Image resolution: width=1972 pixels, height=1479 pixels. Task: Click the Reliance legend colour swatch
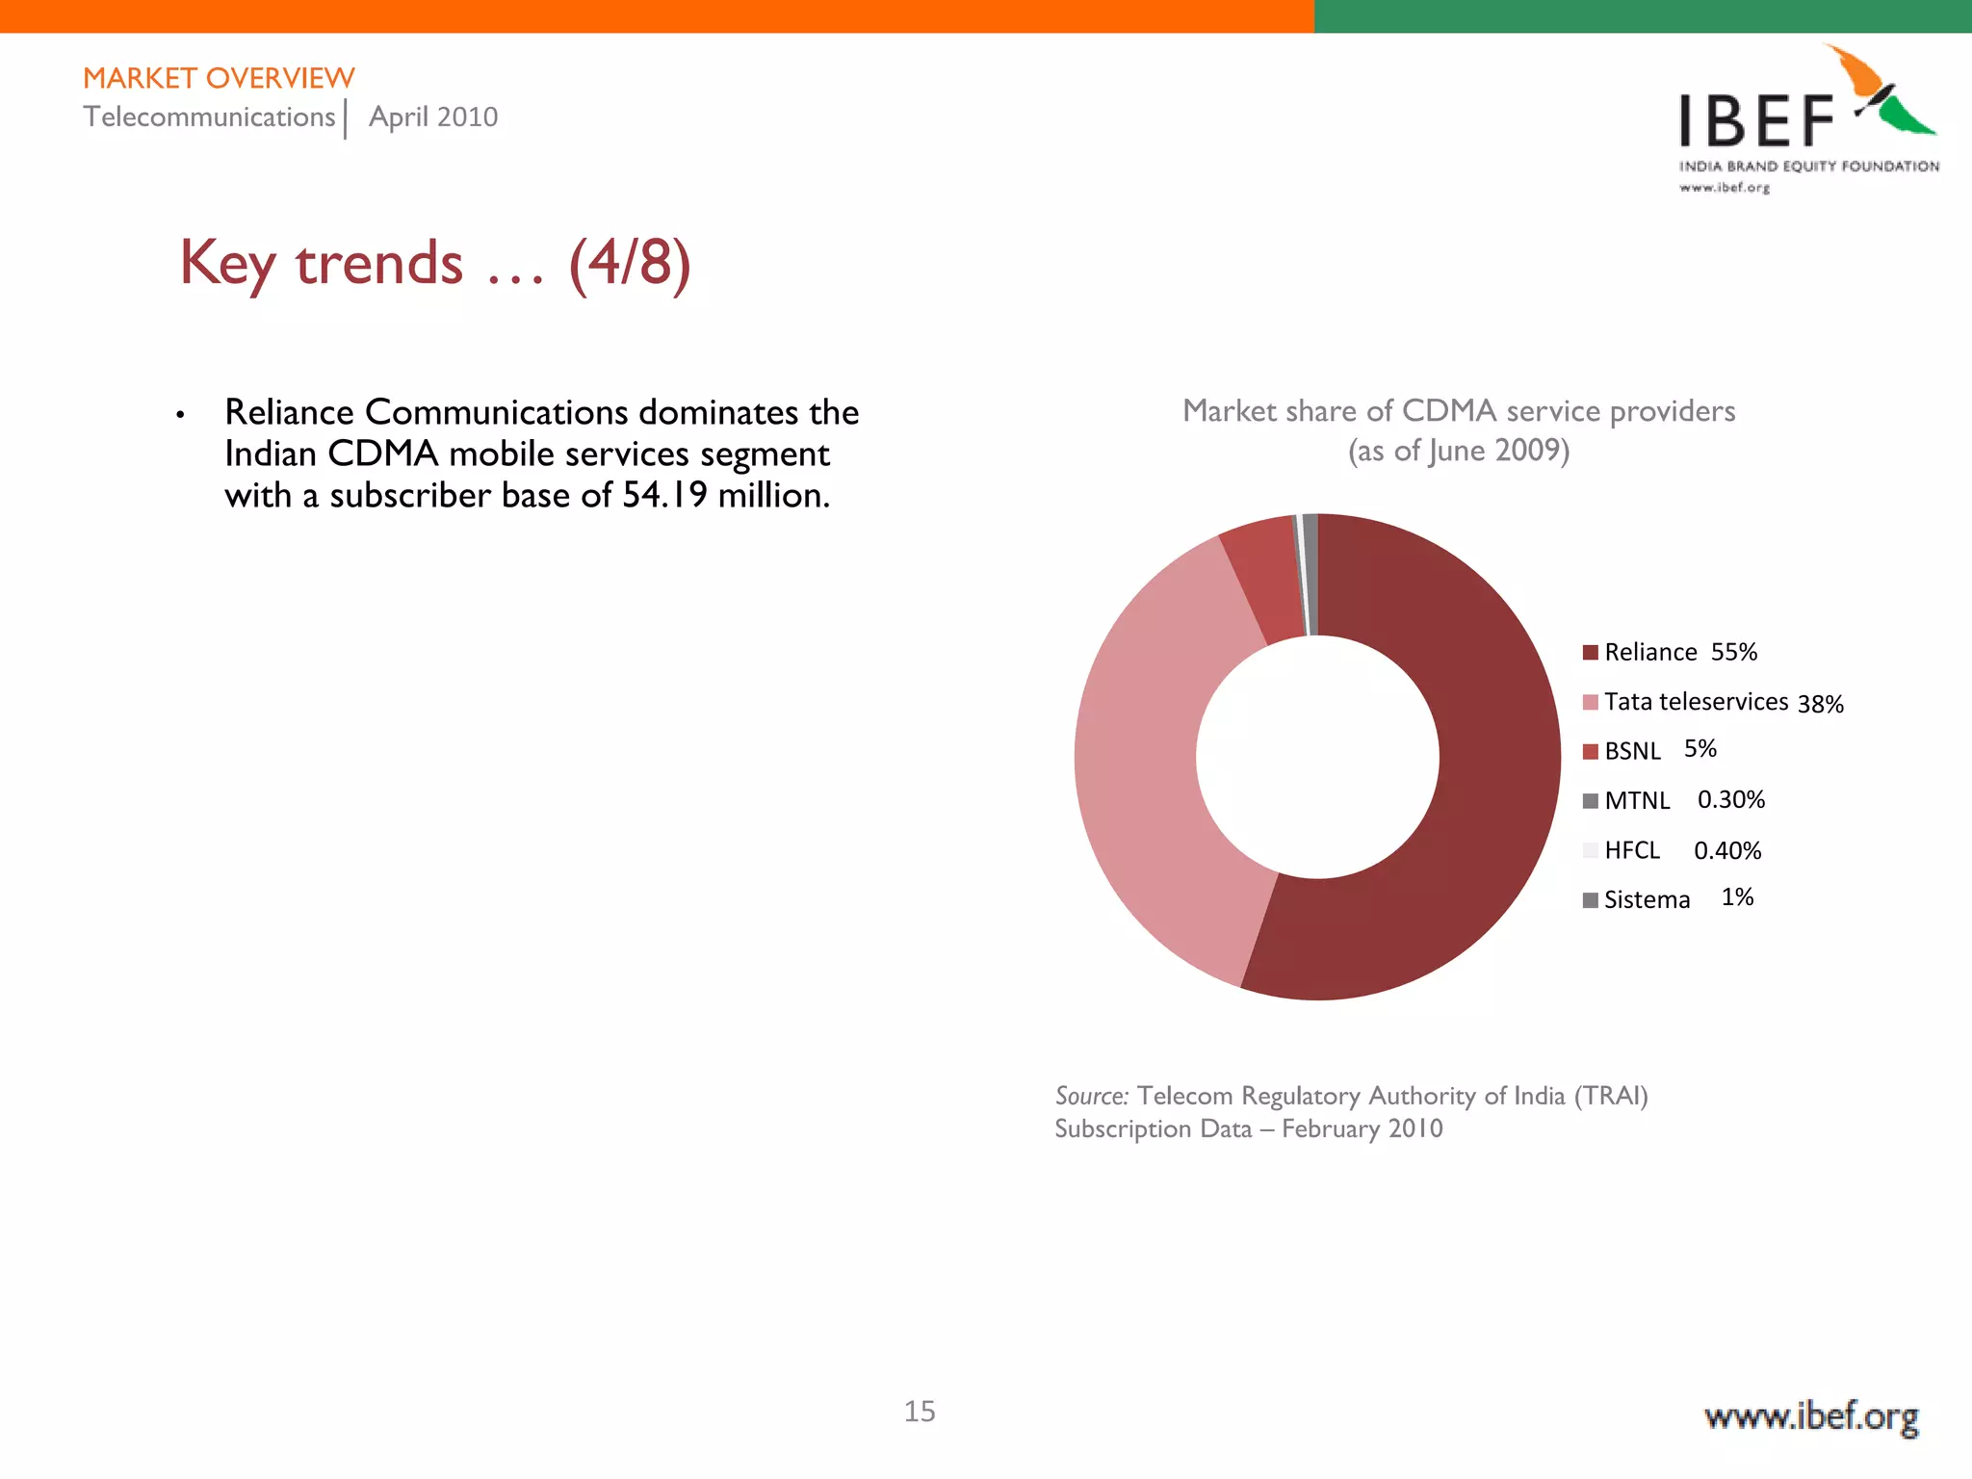pyautogui.click(x=1590, y=653)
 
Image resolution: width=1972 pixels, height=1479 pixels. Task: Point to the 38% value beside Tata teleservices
pyautogui.click(x=1820, y=704)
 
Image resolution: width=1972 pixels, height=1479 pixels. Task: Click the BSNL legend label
pyautogui.click(x=1632, y=751)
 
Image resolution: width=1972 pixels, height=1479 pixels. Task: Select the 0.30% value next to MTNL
pyautogui.click(x=1730, y=800)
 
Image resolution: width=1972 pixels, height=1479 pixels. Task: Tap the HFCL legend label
pyautogui.click(x=1632, y=850)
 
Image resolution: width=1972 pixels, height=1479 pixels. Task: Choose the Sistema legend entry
pyautogui.click(x=1647, y=900)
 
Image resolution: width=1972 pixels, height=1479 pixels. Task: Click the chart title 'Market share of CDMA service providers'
pyautogui.click(x=1458, y=411)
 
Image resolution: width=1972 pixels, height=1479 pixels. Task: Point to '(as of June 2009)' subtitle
pyautogui.click(x=1458, y=451)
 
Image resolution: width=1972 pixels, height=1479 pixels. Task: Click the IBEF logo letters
pyautogui.click(x=1756, y=123)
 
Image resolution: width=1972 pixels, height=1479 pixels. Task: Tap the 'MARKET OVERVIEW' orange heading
pyautogui.click(x=219, y=78)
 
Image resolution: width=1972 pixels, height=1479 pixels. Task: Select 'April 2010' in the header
pyautogui.click(x=433, y=117)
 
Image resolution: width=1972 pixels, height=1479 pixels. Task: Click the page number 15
pyautogui.click(x=919, y=1412)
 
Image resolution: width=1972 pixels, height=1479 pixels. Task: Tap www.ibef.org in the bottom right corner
pyautogui.click(x=1810, y=1417)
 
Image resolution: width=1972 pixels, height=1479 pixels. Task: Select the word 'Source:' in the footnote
pyautogui.click(x=1091, y=1096)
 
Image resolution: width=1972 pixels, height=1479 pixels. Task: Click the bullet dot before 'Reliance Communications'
pyautogui.click(x=180, y=415)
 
